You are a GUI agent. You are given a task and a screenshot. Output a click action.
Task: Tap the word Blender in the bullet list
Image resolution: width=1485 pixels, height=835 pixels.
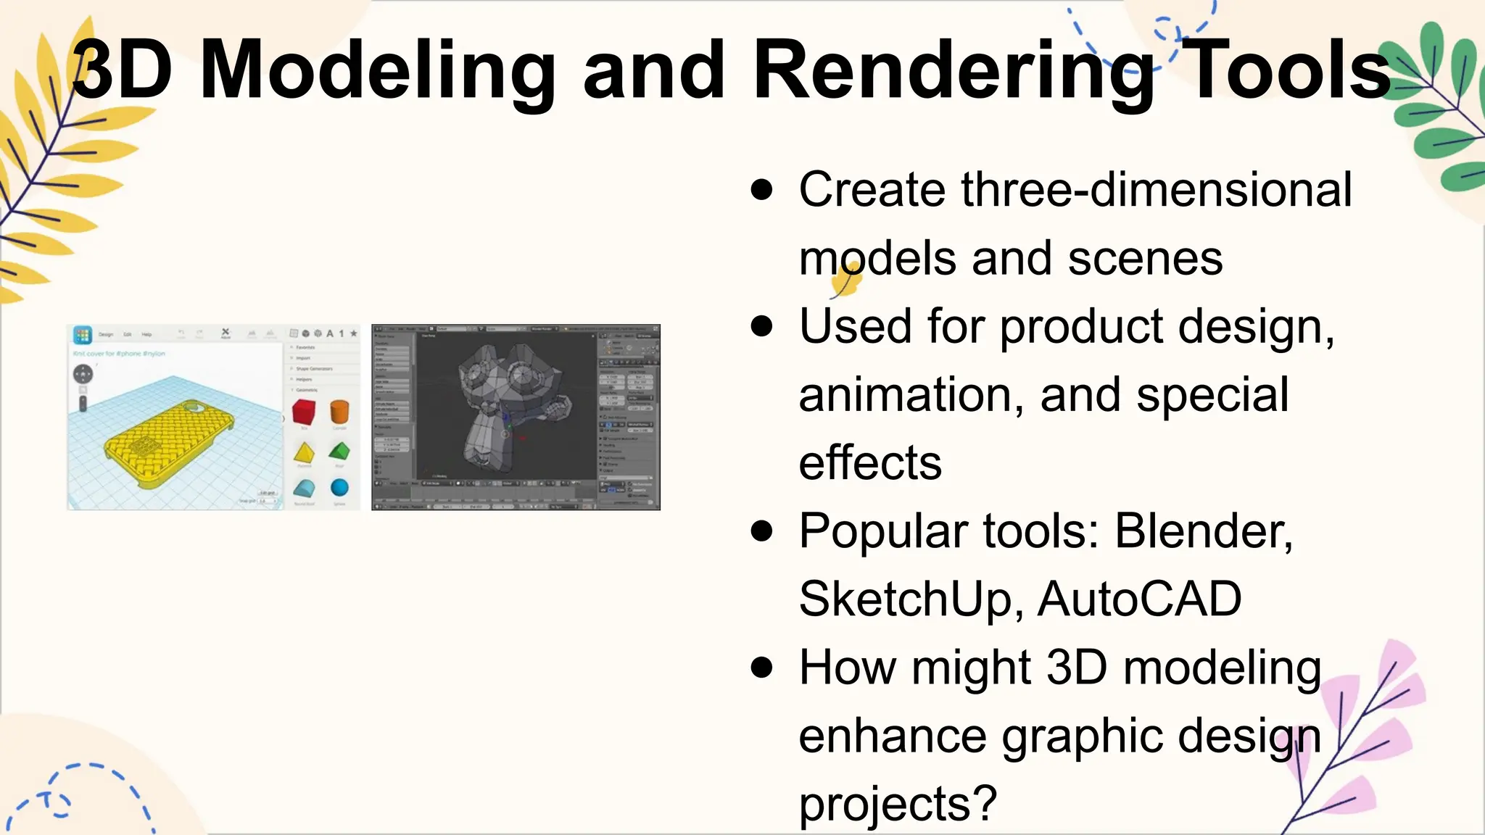1203,531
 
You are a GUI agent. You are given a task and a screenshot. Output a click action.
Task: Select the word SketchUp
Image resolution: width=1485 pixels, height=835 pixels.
911,599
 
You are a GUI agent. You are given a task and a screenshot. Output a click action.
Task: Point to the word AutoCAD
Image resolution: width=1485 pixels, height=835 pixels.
1140,599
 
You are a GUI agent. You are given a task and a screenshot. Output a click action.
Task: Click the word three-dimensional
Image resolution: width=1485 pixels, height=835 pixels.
1157,190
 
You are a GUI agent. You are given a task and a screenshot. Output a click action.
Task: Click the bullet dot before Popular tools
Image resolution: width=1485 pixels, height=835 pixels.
762,531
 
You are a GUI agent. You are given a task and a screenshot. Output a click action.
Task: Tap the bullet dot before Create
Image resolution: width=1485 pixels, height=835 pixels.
762,190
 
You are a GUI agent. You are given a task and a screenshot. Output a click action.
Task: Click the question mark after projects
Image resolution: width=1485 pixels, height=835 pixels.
985,803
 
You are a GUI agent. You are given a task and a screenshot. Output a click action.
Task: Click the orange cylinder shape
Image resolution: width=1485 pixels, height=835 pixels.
339,411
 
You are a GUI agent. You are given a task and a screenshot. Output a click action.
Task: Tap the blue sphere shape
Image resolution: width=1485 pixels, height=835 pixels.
339,487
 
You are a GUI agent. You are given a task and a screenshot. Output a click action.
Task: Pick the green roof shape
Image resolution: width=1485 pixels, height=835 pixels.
339,452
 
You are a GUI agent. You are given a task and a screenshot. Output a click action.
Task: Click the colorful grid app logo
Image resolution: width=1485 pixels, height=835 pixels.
83,335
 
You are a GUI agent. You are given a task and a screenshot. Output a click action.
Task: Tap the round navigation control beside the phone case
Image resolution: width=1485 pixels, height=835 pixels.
83,374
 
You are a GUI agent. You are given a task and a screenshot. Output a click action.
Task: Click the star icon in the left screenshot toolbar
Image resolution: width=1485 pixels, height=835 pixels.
354,333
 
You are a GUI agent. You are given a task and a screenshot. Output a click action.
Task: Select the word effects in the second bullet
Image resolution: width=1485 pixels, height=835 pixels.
870,463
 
